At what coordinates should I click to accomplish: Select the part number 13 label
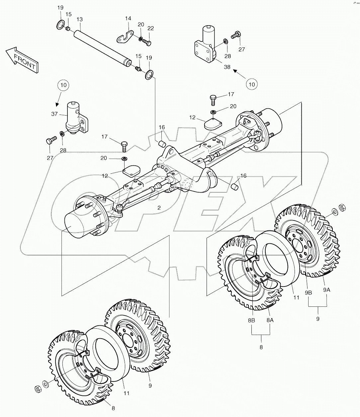(79, 20)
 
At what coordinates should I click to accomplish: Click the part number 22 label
(151, 28)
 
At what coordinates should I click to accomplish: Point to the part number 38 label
(227, 67)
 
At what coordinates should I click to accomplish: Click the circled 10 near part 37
(64, 85)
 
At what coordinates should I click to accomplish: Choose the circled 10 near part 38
(252, 84)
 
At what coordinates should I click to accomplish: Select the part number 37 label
(55, 114)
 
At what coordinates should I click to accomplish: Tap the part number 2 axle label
(159, 208)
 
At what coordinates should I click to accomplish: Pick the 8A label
(270, 320)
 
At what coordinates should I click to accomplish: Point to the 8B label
(251, 320)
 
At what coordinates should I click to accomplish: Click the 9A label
(327, 290)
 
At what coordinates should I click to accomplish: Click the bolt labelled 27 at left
(49, 141)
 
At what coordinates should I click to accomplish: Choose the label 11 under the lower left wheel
(127, 393)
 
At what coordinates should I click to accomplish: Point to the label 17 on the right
(231, 95)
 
